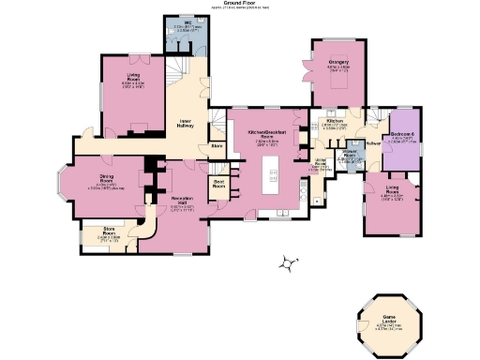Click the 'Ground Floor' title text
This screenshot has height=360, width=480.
tap(240, 4)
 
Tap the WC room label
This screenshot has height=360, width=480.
tap(176, 24)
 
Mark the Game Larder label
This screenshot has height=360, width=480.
tap(386, 318)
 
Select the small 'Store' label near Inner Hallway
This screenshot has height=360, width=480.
tap(217, 146)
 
